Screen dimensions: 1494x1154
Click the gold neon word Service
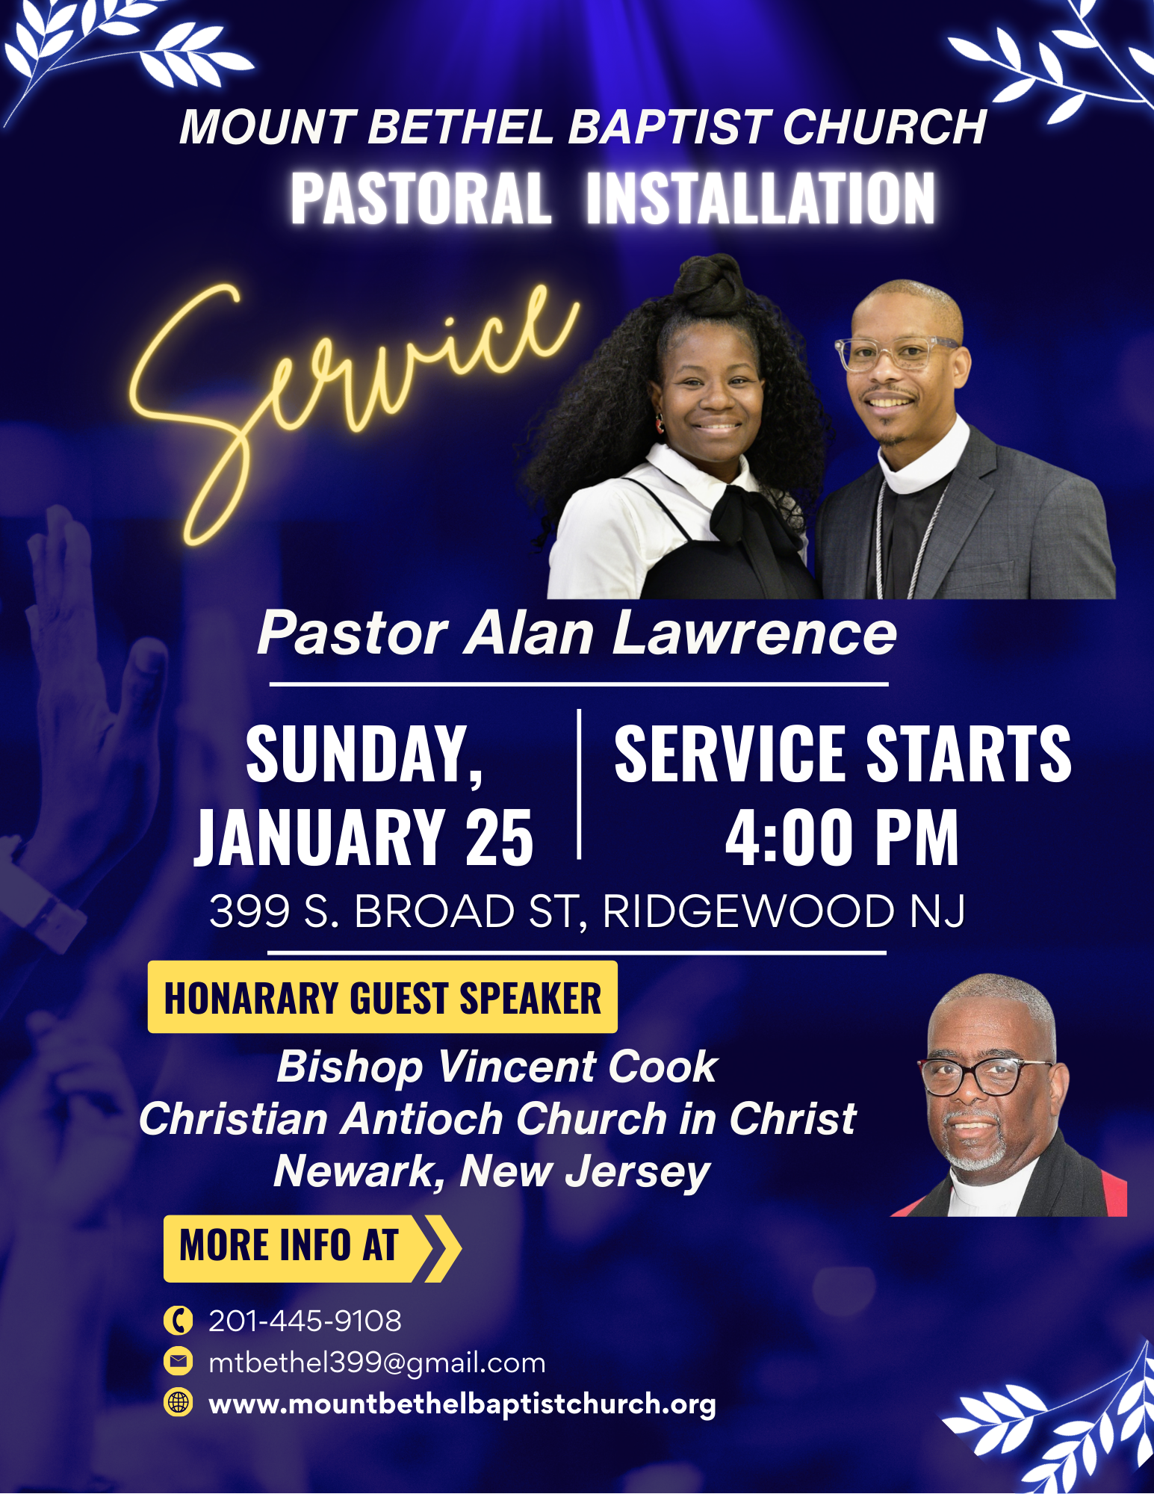click(351, 388)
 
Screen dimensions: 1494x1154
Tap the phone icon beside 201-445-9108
click(178, 1321)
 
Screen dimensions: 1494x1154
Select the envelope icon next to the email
click(178, 1362)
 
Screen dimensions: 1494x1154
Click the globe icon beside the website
click(178, 1402)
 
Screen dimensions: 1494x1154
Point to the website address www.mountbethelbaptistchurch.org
click(462, 1404)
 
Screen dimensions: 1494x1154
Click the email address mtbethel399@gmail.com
click(377, 1363)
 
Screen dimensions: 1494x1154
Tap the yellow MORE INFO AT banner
click(299, 1247)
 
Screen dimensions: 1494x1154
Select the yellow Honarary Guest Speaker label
click(382, 998)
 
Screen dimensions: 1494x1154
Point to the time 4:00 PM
click(842, 839)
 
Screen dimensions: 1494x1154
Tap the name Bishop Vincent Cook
click(497, 1067)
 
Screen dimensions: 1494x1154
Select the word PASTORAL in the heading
click(421, 199)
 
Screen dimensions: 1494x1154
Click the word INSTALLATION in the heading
click(760, 199)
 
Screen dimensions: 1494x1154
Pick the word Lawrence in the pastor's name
click(754, 633)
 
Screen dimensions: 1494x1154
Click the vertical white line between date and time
click(579, 784)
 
